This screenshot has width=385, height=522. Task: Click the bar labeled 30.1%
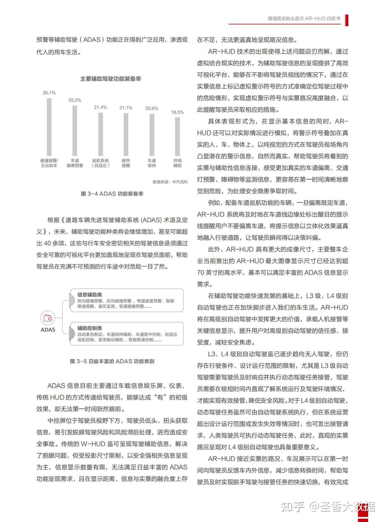coord(49,127)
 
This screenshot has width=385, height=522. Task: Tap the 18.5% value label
coord(177,112)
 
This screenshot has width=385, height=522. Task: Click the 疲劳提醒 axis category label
coord(126,163)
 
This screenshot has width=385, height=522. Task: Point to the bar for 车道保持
coord(152,134)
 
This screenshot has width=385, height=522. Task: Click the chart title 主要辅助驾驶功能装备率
coord(111,79)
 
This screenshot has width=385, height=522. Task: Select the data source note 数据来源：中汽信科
coord(170,182)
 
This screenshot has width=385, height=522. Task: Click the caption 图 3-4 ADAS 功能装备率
coord(112,194)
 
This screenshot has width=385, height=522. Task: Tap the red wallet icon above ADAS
coord(48,318)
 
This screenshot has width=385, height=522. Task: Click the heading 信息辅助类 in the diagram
coord(90,295)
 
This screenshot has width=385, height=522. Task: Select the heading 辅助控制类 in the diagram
coord(90,328)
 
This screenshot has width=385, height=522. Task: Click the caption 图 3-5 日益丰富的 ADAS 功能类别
coord(112,361)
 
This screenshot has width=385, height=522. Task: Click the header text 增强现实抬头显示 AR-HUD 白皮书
coord(304,19)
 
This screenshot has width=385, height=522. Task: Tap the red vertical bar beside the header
coord(346,20)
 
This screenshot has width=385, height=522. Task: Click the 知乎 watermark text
coord(293,507)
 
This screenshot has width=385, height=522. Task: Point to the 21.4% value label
coord(100,107)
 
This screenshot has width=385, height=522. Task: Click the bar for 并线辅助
coord(177,136)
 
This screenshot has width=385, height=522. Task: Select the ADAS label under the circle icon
coord(48,330)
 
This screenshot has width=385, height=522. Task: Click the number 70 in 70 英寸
coord(200,273)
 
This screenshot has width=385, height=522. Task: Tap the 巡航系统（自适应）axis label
coord(100,163)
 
